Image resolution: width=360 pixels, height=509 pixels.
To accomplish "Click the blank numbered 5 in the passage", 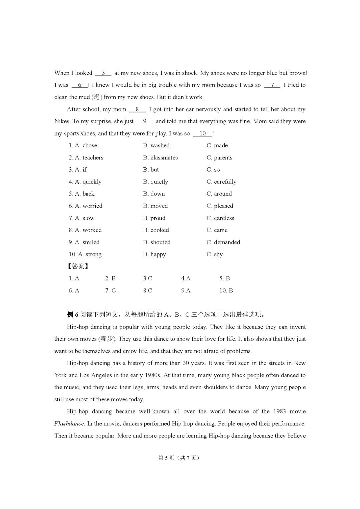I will tap(103, 73).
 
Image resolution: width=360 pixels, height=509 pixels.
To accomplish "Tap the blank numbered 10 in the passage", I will tap(203, 134).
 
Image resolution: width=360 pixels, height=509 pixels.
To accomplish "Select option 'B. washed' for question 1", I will tap(156, 145).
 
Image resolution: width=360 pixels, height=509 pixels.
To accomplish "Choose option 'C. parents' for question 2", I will tap(219, 158).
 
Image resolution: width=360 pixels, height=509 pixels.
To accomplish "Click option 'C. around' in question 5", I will tap(219, 194).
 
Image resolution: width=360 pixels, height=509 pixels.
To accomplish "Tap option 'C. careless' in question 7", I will tap(220, 218).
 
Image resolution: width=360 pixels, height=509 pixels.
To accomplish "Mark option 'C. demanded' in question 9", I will tap(223, 242).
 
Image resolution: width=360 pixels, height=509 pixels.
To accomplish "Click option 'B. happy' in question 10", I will tap(154, 254).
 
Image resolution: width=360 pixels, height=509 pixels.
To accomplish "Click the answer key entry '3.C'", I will tap(148, 278).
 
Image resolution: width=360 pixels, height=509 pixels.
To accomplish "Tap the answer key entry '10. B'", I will tap(226, 291).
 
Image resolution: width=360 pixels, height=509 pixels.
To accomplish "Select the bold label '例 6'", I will tap(72, 314).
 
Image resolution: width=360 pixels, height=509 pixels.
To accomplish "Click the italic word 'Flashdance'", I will tap(69, 424).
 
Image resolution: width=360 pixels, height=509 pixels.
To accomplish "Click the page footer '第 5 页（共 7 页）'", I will tap(179, 458).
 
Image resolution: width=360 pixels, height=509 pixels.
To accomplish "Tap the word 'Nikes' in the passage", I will tap(62, 121).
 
